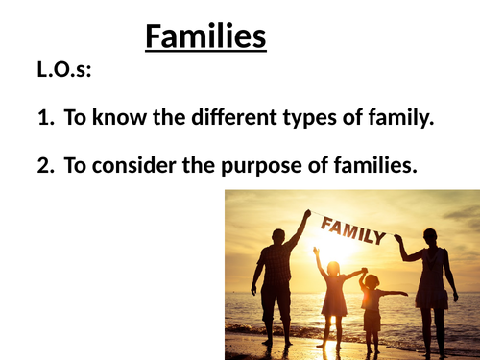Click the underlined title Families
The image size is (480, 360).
(x=205, y=37)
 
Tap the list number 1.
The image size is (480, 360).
(x=44, y=119)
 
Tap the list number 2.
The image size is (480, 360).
(x=44, y=165)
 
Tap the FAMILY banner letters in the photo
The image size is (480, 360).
(x=353, y=229)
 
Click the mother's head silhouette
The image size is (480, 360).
(x=428, y=236)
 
